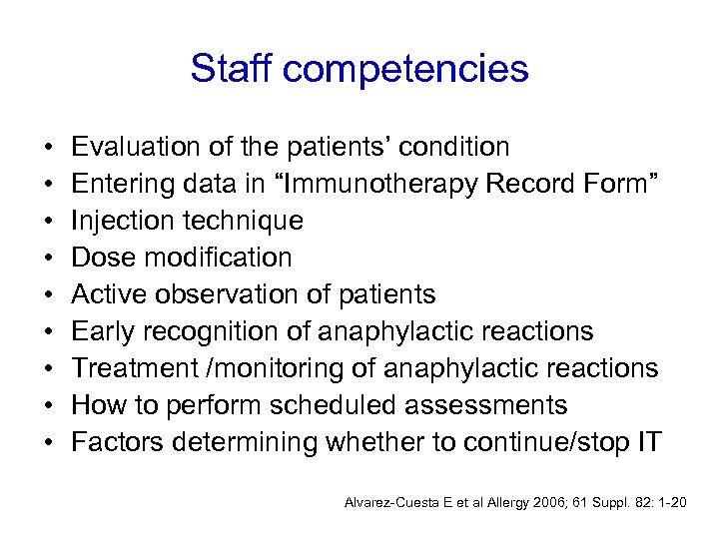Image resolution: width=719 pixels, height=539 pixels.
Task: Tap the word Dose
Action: pos(105,258)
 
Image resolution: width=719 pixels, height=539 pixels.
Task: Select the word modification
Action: pos(217,258)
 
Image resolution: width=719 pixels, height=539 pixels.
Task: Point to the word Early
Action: pos(105,331)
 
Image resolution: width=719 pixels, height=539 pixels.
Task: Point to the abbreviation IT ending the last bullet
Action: pos(647,442)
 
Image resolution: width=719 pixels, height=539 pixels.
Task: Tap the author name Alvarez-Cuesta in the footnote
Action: pos(387,500)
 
